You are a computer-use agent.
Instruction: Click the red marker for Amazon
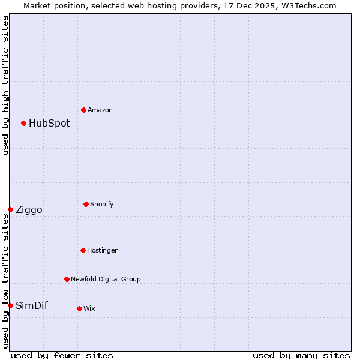click(x=83, y=110)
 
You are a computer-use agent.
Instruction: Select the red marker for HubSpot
click(x=23, y=123)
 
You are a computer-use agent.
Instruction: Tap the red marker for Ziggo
click(x=10, y=209)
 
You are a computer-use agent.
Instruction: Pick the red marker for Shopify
click(x=86, y=204)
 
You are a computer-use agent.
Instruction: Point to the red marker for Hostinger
click(x=83, y=250)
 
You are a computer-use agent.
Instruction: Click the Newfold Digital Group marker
click(x=67, y=279)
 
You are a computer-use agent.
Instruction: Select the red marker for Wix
click(x=79, y=308)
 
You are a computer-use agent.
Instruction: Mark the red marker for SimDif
click(x=10, y=305)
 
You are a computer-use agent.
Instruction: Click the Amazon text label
click(x=100, y=110)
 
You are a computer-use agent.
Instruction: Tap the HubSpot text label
click(x=49, y=123)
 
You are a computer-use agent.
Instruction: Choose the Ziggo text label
click(x=29, y=209)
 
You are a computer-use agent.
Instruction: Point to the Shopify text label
click(x=102, y=204)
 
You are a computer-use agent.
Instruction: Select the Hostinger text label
click(x=102, y=250)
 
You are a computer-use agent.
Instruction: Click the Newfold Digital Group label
click(x=106, y=279)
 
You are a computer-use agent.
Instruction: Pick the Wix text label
click(x=89, y=308)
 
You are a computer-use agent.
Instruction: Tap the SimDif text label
click(x=32, y=305)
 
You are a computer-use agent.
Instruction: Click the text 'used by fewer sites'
click(x=62, y=355)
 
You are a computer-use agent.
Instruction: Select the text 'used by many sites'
click(x=301, y=355)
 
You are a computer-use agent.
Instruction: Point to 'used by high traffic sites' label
click(x=5, y=85)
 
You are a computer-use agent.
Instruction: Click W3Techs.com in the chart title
click(x=306, y=5)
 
